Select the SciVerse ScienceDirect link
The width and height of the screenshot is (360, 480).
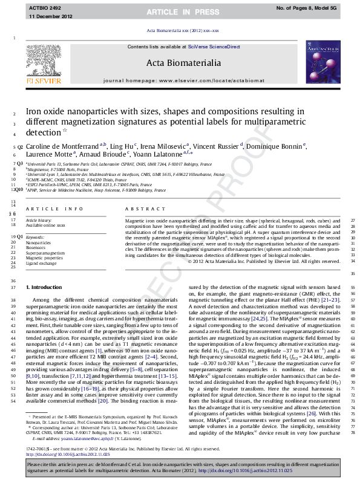214,47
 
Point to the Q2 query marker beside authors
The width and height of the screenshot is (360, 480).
20,147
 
